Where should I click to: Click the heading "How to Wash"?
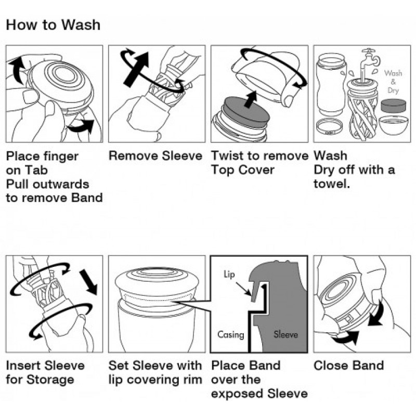(53, 25)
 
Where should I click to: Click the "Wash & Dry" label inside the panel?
(393, 81)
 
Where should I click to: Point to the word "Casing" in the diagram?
(230, 334)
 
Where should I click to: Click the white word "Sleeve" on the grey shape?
(286, 334)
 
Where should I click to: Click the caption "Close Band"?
(348, 366)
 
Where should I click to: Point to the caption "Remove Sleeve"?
(155, 156)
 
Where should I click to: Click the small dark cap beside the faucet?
(393, 106)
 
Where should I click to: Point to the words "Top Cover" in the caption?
(242, 170)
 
